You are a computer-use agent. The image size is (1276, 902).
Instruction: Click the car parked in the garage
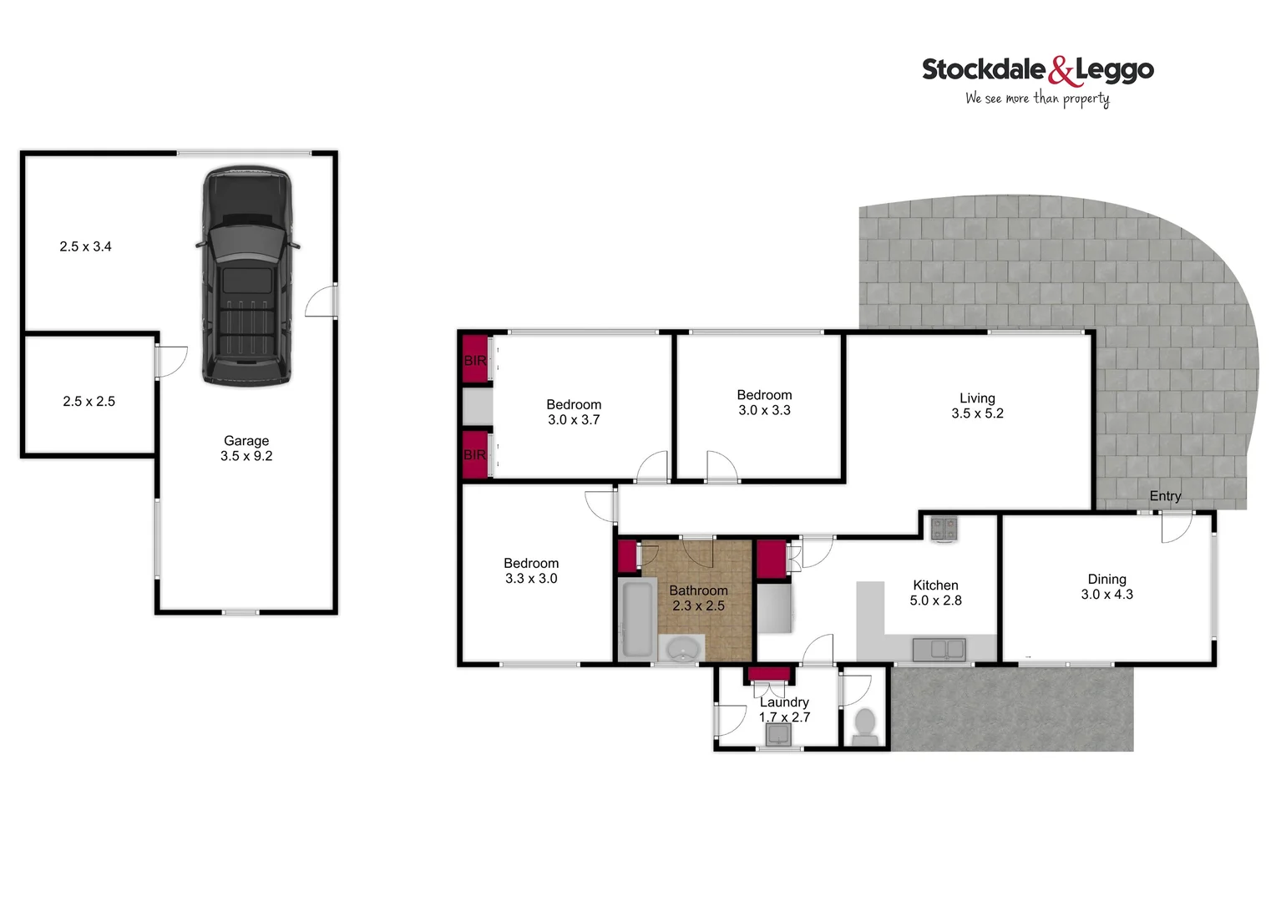click(x=247, y=276)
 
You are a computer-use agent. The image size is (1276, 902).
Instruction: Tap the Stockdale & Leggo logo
click(x=1037, y=70)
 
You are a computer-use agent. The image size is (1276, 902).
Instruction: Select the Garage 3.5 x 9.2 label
click(x=246, y=448)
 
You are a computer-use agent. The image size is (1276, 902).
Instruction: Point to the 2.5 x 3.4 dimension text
click(x=85, y=246)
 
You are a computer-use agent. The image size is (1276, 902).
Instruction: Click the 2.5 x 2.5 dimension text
click(x=89, y=402)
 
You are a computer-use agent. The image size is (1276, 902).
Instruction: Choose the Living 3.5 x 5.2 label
click(x=977, y=406)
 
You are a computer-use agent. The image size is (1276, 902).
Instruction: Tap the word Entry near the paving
click(x=1165, y=496)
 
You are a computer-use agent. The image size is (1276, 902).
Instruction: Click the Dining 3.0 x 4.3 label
click(x=1106, y=587)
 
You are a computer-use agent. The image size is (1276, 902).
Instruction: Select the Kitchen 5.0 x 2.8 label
click(x=935, y=593)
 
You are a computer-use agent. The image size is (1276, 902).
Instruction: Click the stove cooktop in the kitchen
click(x=944, y=528)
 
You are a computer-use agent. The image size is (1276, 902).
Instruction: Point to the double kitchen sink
click(x=939, y=649)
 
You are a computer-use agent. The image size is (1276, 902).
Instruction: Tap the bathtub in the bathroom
click(x=637, y=619)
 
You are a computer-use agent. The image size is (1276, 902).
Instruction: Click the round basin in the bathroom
click(x=683, y=649)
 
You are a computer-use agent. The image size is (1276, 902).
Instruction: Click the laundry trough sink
click(x=779, y=734)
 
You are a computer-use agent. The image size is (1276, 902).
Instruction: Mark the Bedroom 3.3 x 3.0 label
click(x=531, y=571)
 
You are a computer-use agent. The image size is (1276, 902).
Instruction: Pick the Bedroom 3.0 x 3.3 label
click(x=764, y=403)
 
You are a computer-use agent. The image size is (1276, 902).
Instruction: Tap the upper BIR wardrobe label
click(x=474, y=361)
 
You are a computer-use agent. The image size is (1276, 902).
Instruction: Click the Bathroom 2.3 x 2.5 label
click(x=698, y=598)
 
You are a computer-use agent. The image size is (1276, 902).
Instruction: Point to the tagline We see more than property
click(x=1037, y=99)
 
